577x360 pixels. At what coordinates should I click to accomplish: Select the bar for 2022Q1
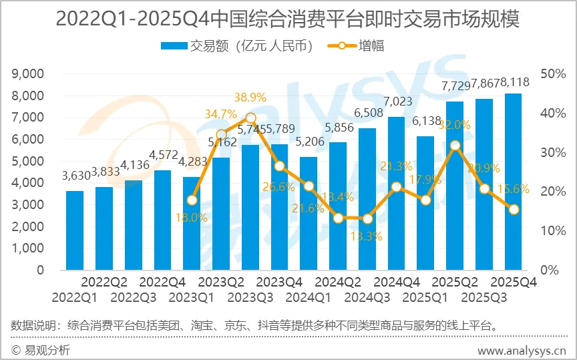(x=75, y=230)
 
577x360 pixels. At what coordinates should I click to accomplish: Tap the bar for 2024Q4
(x=396, y=194)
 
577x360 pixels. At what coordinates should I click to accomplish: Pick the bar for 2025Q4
(x=513, y=182)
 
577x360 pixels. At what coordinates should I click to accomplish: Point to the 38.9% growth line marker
(x=250, y=118)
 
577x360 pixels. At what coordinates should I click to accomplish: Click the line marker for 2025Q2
(x=455, y=145)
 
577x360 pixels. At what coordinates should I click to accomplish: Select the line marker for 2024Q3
(x=367, y=218)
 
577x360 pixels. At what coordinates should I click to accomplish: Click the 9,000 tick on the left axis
(x=29, y=73)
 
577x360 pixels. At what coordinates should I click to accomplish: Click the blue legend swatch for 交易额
(x=174, y=46)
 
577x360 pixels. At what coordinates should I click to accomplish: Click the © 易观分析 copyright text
(x=41, y=350)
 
